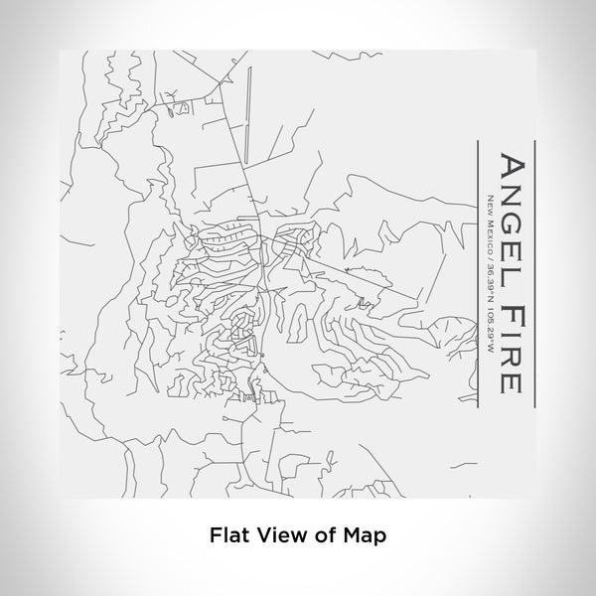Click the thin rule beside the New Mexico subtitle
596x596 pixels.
tap(478, 268)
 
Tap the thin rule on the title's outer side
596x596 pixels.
tap(535, 268)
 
